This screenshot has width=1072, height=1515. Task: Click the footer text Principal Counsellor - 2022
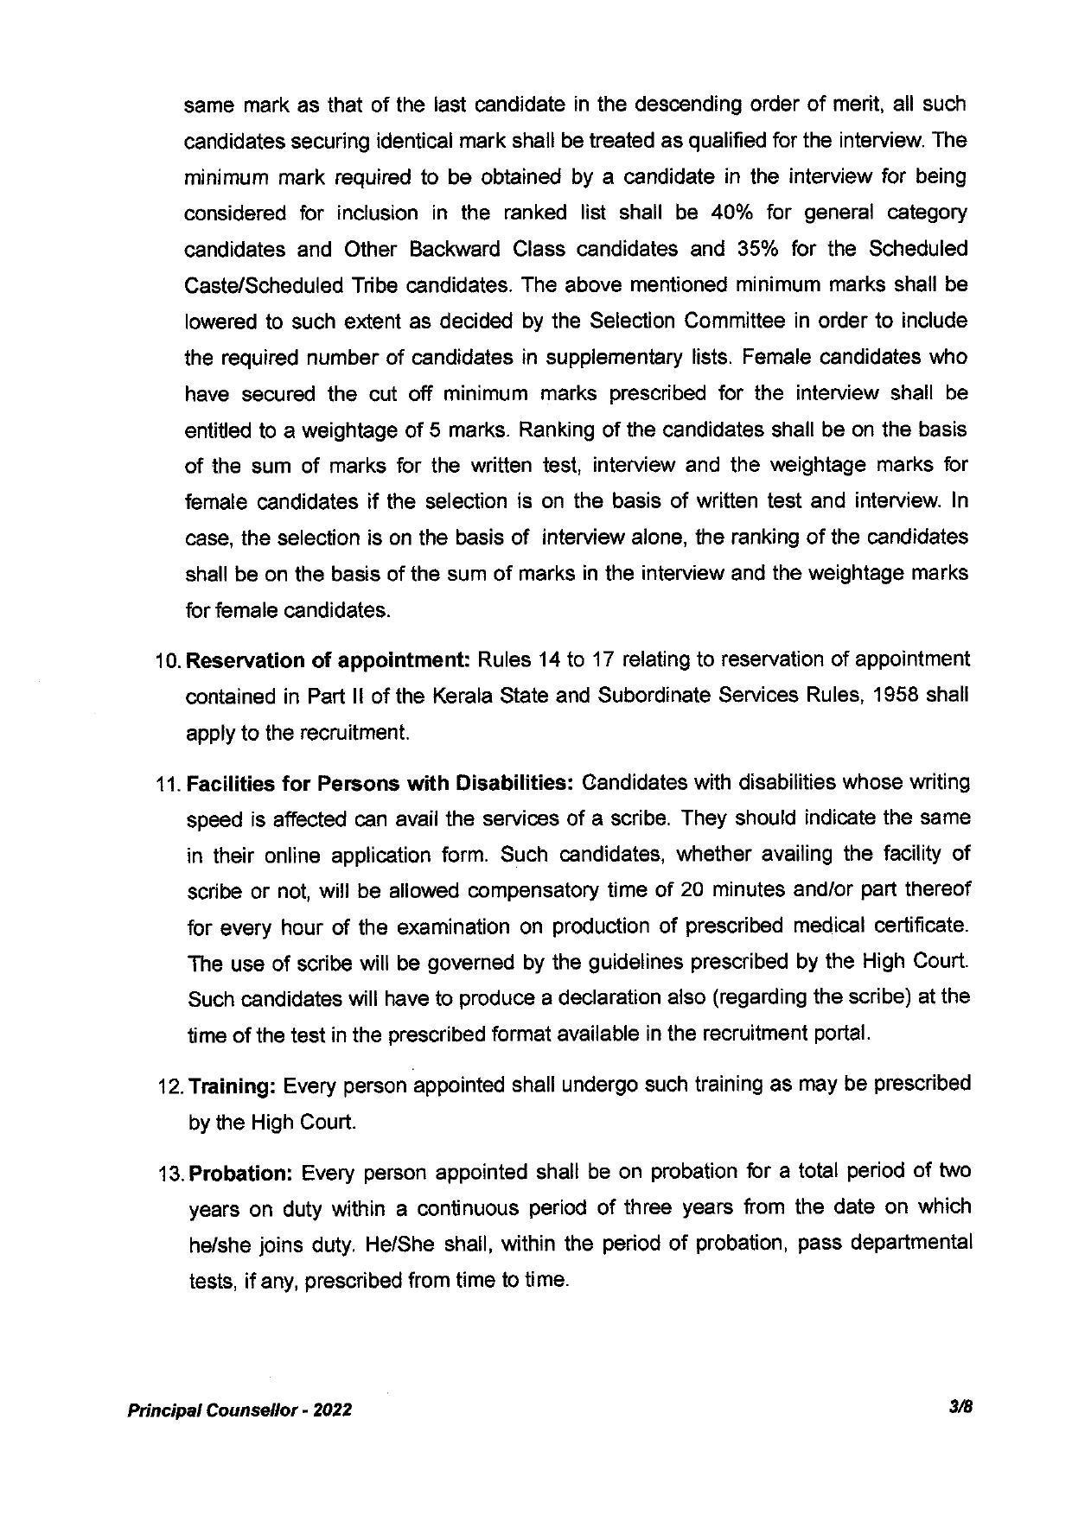tap(239, 1410)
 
